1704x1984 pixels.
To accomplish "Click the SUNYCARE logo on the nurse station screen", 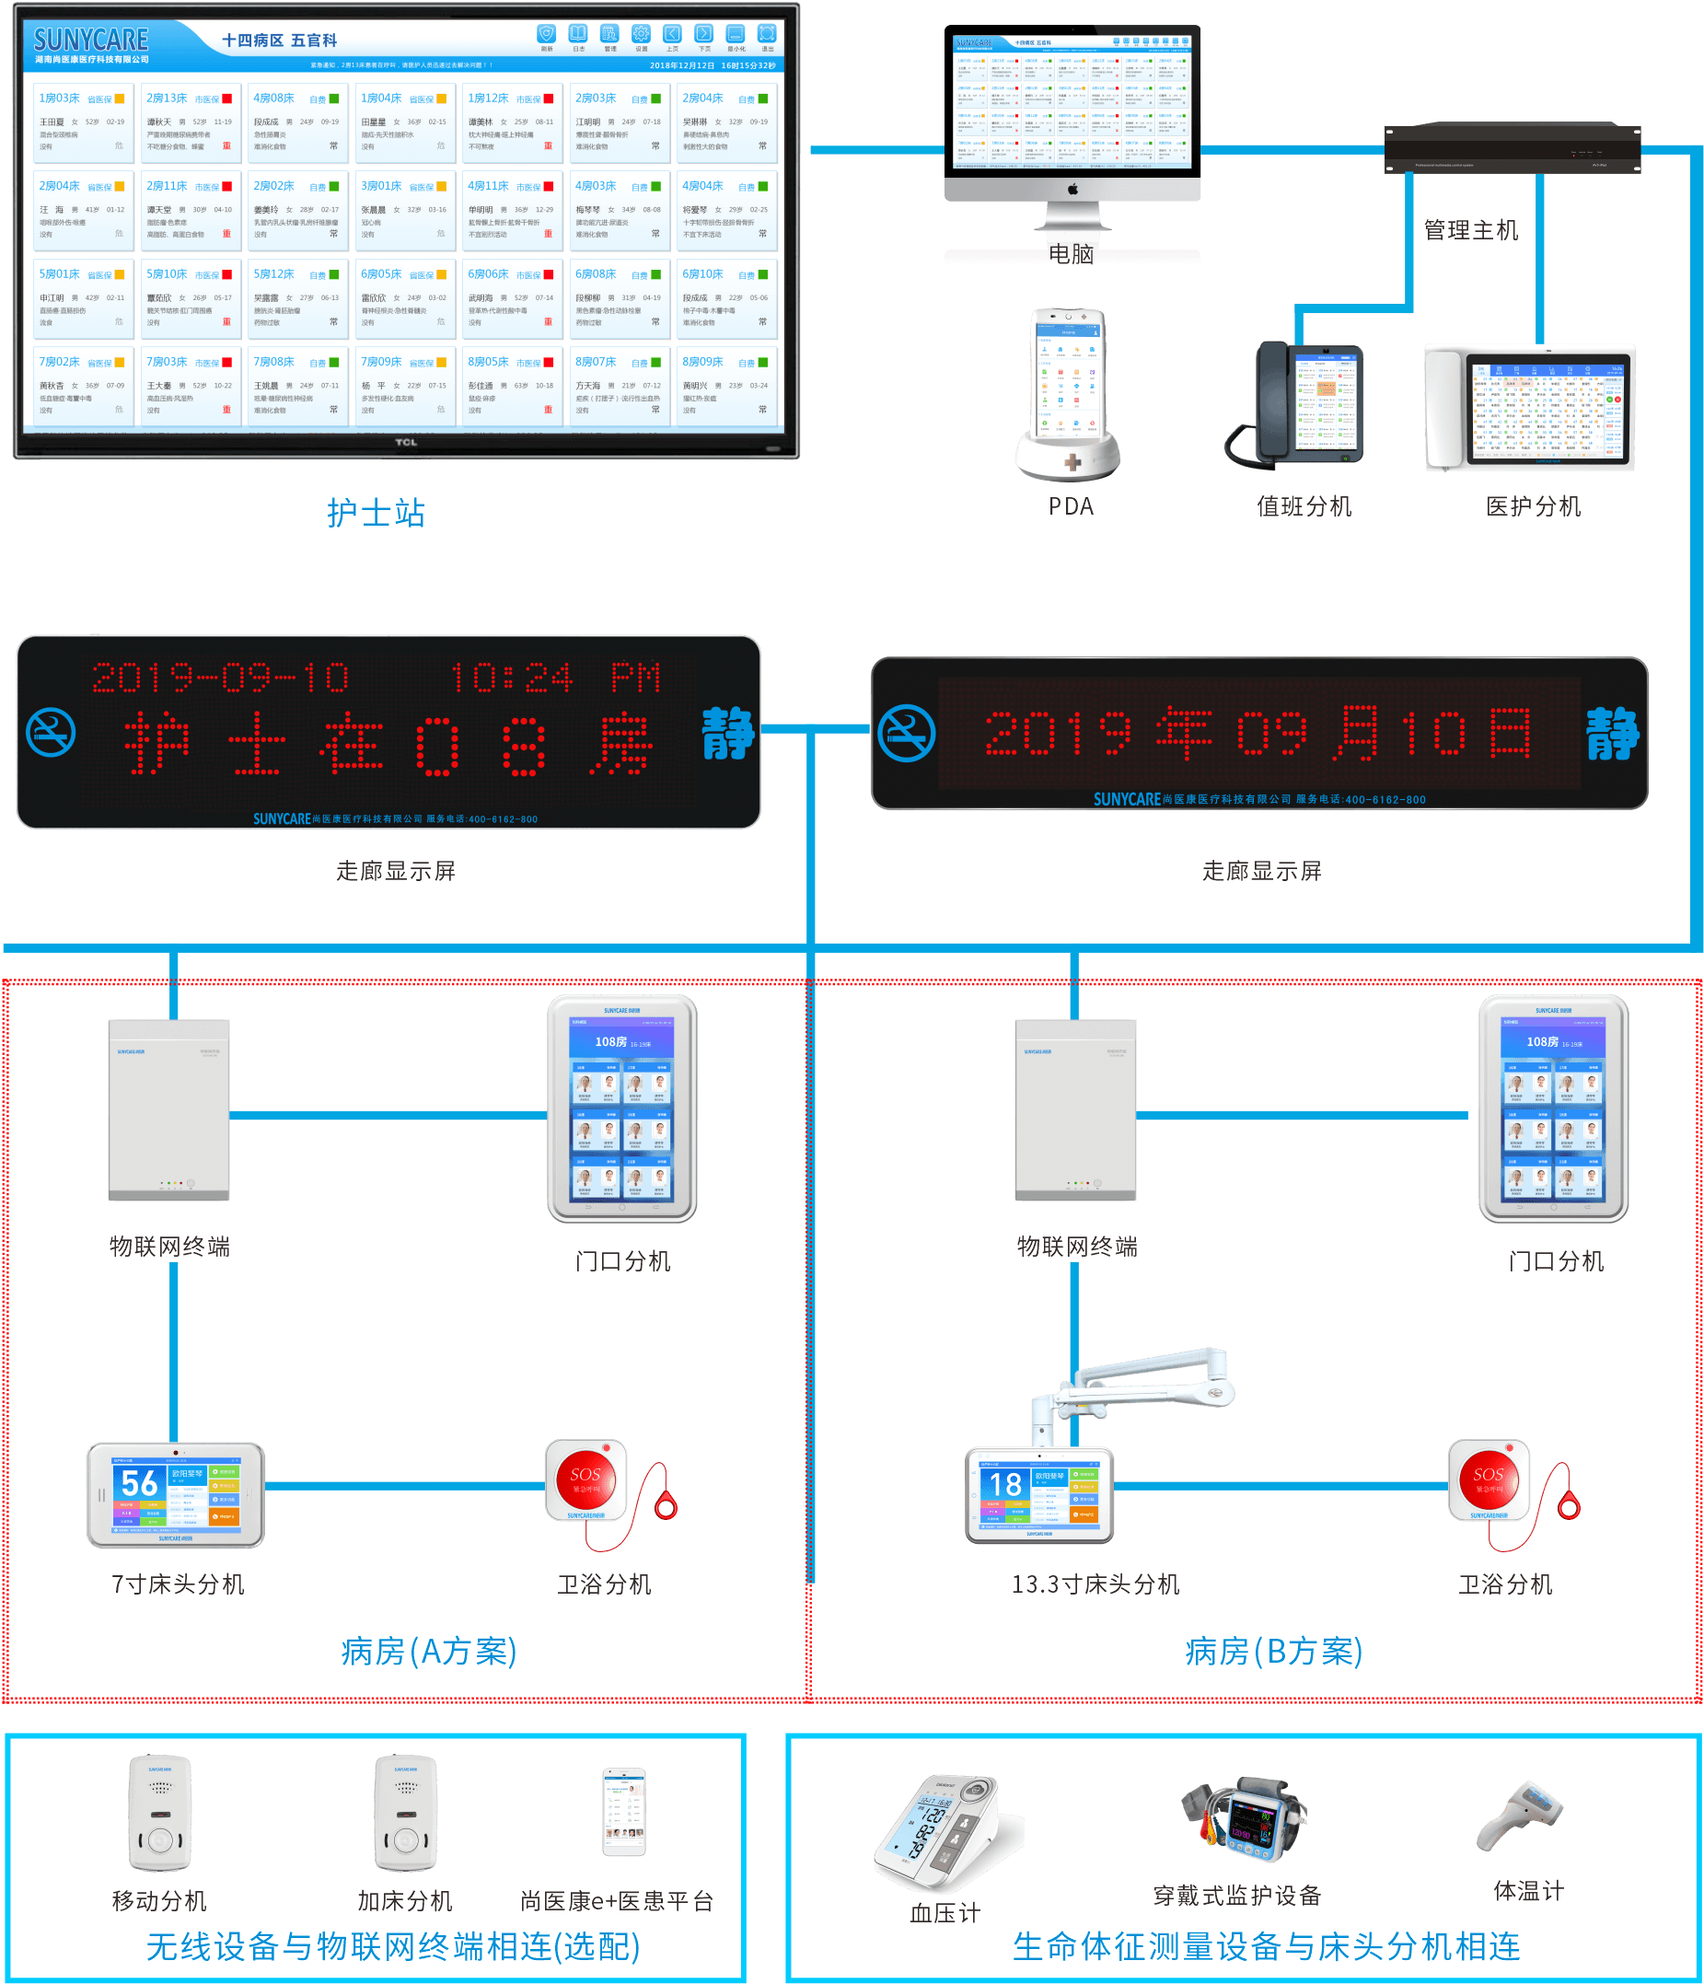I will point(91,41).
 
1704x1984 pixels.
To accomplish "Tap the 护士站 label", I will point(376,513).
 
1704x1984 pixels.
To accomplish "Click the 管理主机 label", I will point(1470,230).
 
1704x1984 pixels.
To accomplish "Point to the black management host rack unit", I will point(1513,149).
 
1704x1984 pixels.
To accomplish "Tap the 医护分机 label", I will point(1533,506).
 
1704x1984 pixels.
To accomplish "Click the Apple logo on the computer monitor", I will point(1073,190).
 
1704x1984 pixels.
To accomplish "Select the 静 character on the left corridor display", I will point(727,734).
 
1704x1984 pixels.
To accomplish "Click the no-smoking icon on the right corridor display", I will point(906,734).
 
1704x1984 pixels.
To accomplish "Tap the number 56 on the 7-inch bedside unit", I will point(140,1483).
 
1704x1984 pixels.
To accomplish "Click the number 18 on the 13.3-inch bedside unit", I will point(1005,1485).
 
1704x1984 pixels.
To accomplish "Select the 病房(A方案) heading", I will point(429,1652).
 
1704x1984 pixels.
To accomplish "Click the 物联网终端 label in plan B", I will point(1077,1247).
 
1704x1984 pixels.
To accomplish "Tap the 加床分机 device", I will point(405,1813).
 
